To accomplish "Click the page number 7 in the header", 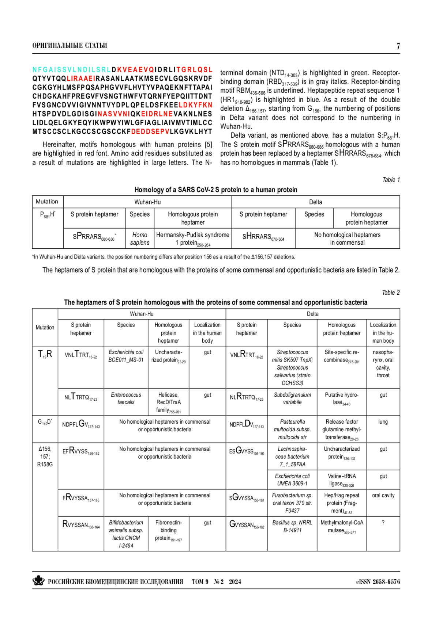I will [398, 46].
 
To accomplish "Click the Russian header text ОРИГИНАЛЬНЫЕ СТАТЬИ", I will [70, 46].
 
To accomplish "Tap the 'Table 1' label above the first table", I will [391, 180].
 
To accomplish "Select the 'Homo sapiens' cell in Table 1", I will [140, 238].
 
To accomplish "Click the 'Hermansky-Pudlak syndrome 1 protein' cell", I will [193, 239].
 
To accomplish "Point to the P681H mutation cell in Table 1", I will [48, 215].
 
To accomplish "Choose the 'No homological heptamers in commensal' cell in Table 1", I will [347, 238].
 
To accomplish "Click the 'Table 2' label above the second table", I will [391, 293].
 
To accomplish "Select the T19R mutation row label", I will [45, 354].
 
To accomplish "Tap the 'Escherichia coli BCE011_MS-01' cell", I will [126, 356].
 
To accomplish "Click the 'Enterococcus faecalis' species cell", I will [126, 398].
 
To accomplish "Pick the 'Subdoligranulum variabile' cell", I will [292, 398].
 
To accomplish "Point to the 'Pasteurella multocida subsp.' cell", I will [292, 429].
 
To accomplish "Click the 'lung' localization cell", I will [383, 422].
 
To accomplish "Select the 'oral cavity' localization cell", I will [383, 495].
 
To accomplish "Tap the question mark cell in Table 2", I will [383, 523].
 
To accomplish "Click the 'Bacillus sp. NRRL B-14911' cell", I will [292, 526].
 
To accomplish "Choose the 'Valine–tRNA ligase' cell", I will [342, 480].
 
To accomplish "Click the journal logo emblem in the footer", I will [38, 581].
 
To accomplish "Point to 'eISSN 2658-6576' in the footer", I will [378, 582].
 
